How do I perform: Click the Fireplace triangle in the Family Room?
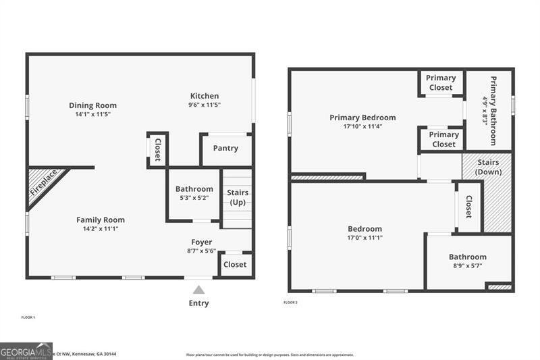click(x=44, y=184)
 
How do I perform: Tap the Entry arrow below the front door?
click(x=198, y=290)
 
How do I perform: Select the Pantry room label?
click(x=225, y=149)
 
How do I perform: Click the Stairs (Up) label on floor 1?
click(x=238, y=197)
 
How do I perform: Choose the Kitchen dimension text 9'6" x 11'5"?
click(x=204, y=105)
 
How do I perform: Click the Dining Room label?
click(x=92, y=105)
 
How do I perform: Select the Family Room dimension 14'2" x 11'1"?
click(x=100, y=229)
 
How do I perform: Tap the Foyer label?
click(x=201, y=242)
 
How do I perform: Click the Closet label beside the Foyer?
click(x=235, y=264)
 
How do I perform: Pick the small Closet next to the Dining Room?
click(x=157, y=149)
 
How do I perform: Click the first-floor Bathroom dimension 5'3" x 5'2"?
click(x=194, y=199)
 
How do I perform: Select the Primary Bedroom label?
click(x=362, y=118)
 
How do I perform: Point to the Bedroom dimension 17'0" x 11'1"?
click(x=364, y=238)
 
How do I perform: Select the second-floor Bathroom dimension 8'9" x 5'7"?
click(x=467, y=266)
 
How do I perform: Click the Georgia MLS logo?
click(x=26, y=351)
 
